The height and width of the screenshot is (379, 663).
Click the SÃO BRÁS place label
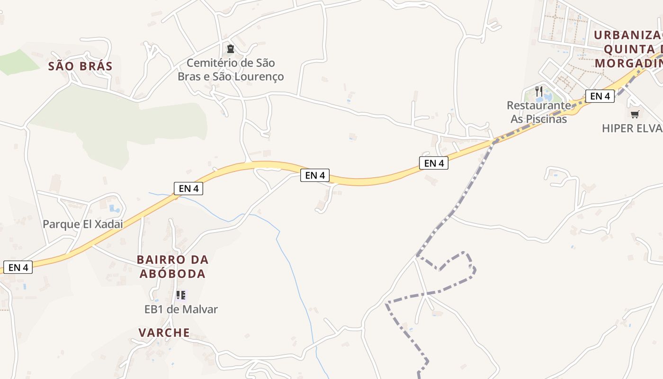[x=81, y=66]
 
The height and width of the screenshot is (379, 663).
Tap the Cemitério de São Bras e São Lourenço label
[x=231, y=70]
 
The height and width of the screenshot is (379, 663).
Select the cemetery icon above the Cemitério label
[x=231, y=48]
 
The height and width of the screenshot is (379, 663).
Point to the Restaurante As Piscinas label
[x=538, y=112]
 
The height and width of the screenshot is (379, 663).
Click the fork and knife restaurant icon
[x=539, y=90]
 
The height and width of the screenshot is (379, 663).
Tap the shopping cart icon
[x=635, y=114]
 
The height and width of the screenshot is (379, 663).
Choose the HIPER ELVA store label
[x=632, y=128]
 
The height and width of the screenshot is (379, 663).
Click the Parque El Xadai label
[x=83, y=224]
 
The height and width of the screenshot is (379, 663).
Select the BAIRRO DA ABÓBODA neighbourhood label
[x=172, y=267]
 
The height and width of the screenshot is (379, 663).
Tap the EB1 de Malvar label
[x=181, y=309]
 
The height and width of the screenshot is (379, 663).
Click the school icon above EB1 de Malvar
[x=180, y=295]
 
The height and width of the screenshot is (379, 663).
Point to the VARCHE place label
[x=164, y=333]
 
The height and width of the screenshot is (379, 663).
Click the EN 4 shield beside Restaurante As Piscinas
[x=600, y=96]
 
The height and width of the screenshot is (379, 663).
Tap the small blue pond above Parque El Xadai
[x=114, y=208]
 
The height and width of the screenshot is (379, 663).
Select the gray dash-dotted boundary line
[x=455, y=208]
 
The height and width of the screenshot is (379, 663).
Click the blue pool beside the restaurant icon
[x=540, y=99]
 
